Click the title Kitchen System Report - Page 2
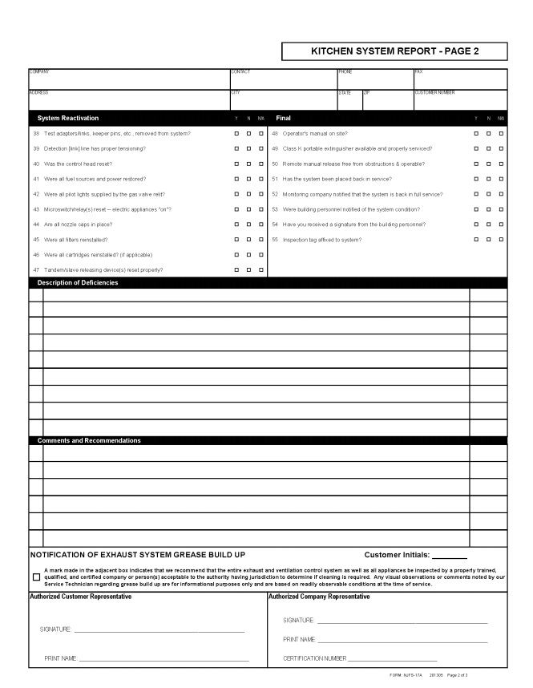pos(394,51)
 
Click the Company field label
pos(39,72)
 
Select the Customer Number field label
pos(434,93)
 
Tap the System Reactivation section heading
pos(67,118)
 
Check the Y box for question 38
pos(236,133)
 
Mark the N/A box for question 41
pos(260,179)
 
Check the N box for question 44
pos(248,225)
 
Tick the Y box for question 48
pos(477,133)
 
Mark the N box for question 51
pos(489,179)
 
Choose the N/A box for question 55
pos(501,240)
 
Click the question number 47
pos(36,270)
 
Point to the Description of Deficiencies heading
pos(78,282)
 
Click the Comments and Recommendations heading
pos(89,440)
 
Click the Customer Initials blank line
pos(450,556)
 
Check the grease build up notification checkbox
pos(36,577)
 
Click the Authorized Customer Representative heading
pos(81,597)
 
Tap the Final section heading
pos(283,118)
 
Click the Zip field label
pos(367,93)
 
